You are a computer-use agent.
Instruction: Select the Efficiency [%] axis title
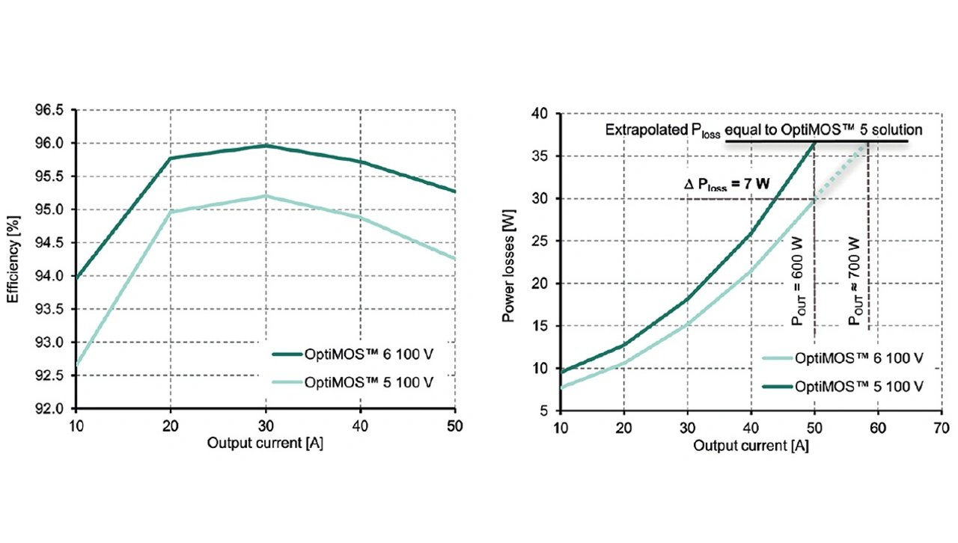click(x=13, y=260)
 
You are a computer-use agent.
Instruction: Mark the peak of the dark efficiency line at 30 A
click(x=266, y=145)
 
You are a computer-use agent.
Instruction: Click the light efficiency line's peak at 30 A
click(x=266, y=196)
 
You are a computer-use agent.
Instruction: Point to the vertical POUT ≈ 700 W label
click(x=854, y=280)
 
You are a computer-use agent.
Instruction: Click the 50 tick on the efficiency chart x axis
click(x=455, y=426)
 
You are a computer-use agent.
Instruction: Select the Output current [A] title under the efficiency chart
click(x=266, y=443)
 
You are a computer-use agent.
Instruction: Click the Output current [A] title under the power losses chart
click(x=751, y=446)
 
